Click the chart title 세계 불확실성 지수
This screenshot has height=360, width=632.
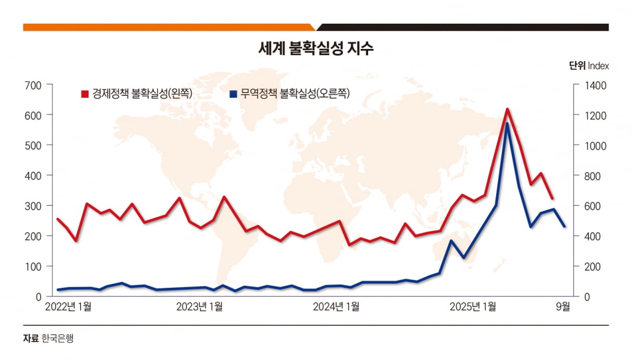(x=316, y=49)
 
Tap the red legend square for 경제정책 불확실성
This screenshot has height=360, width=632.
(x=84, y=94)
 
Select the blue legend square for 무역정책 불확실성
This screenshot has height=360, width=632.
(x=233, y=94)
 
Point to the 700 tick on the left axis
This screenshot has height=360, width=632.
(x=33, y=85)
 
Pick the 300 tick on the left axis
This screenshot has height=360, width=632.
(x=33, y=206)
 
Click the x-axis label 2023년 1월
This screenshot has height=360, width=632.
(x=200, y=307)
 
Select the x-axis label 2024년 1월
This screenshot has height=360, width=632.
(x=336, y=307)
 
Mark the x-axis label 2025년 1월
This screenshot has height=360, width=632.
(x=472, y=307)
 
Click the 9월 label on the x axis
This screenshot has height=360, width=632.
(x=563, y=307)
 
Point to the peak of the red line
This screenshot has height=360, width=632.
(x=507, y=109)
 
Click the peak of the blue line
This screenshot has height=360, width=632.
(x=507, y=124)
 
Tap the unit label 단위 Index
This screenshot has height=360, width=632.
(x=589, y=66)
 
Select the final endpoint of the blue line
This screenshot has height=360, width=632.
(x=565, y=226)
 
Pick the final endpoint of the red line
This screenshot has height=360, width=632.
(x=552, y=199)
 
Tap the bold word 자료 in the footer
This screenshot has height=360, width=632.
(x=31, y=338)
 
